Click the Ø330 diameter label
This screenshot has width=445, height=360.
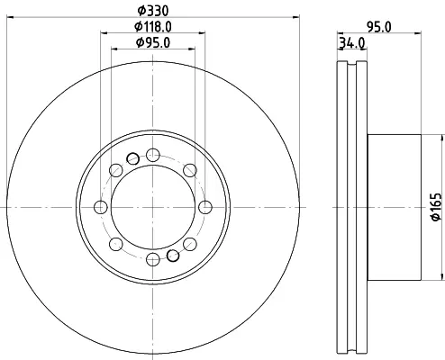(x=153, y=11)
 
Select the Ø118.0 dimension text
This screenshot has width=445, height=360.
(x=153, y=27)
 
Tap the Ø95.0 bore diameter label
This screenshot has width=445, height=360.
(x=153, y=42)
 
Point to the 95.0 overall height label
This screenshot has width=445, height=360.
(x=379, y=27)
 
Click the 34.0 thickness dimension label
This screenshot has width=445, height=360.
(x=352, y=43)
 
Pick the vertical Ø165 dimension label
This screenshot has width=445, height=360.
(x=437, y=207)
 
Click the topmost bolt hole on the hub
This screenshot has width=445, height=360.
(x=153, y=155)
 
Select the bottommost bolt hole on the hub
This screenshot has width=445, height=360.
(x=153, y=259)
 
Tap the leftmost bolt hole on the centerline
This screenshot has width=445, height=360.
(x=101, y=207)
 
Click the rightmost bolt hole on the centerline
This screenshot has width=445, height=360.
(x=205, y=207)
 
